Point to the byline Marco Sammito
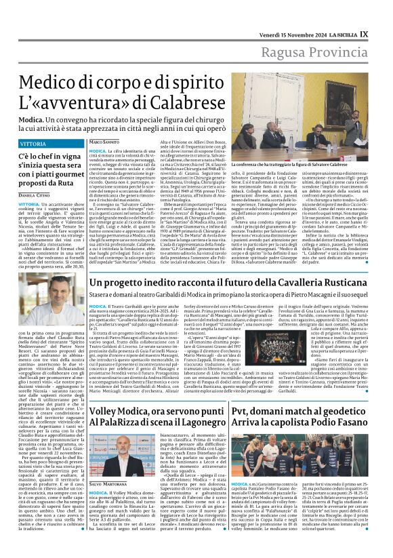(x=105, y=141)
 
